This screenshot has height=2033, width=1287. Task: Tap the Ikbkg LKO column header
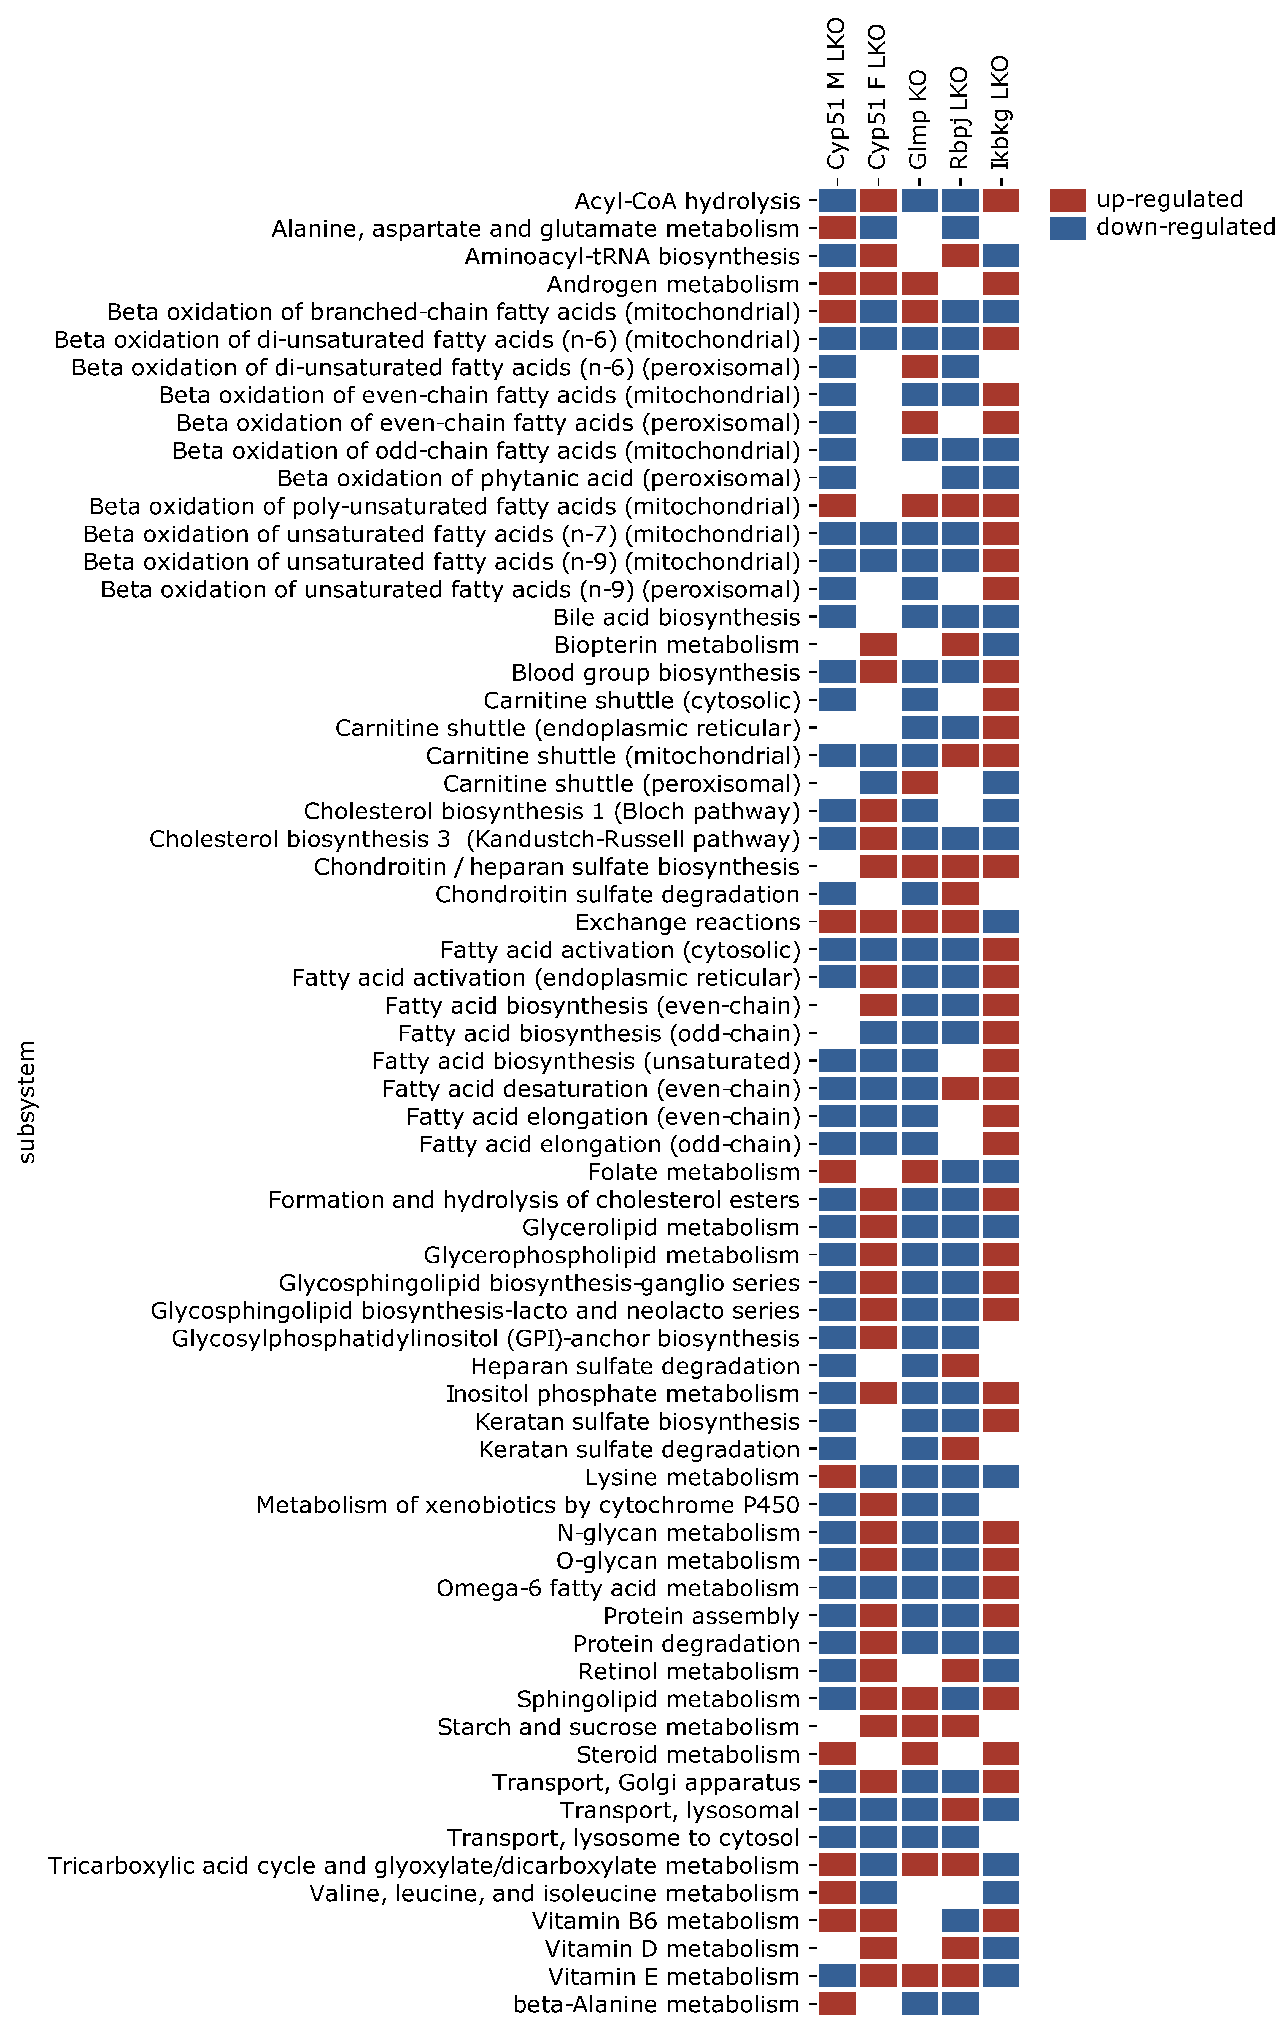1001,112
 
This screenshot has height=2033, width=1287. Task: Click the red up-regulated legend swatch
1067,200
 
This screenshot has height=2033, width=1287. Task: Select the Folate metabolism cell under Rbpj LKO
960,1172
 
